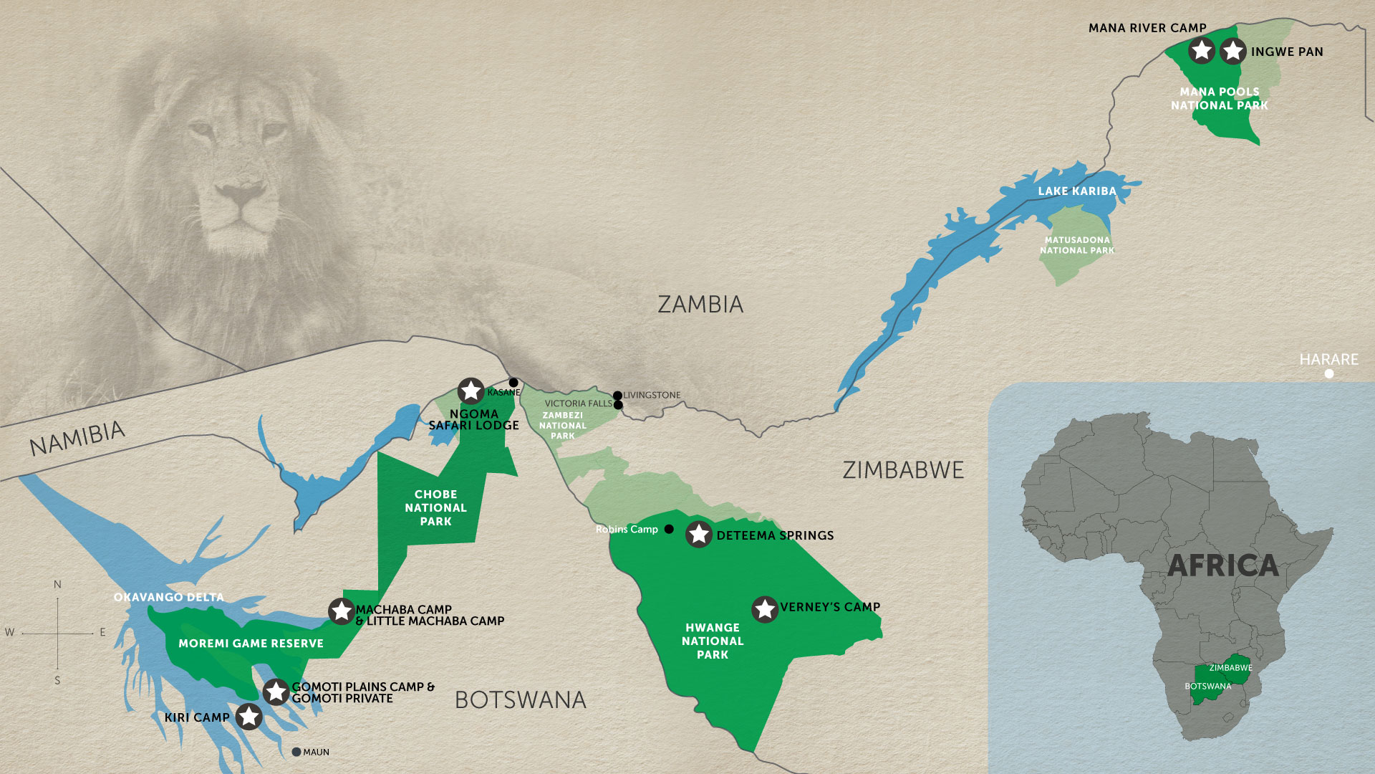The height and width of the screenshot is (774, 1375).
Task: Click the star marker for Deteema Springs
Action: pos(699,535)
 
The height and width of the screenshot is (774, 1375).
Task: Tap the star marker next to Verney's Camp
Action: pos(765,609)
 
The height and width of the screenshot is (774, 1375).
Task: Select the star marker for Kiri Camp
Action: pos(249,717)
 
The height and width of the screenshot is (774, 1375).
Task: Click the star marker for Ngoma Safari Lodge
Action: pos(471,391)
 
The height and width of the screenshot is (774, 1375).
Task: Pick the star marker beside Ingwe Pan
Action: pos(1232,51)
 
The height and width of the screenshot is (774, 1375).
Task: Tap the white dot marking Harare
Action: pos(1329,374)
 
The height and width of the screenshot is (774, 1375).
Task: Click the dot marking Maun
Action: pos(296,752)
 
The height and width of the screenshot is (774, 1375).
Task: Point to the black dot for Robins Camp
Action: pos(669,529)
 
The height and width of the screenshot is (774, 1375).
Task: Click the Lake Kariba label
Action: pos(1077,191)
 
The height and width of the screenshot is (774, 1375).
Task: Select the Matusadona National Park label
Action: pos(1077,245)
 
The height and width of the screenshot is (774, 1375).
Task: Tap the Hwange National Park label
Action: pos(713,641)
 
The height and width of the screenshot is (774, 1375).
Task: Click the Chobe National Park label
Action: pos(435,507)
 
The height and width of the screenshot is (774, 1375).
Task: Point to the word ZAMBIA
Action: pos(700,305)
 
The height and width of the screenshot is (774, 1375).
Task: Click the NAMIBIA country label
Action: pos(77,438)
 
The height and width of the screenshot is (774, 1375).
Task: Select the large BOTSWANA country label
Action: pos(521,700)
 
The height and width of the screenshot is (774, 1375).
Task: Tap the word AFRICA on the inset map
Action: pos(1222,566)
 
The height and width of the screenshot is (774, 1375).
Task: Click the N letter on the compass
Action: pos(57,585)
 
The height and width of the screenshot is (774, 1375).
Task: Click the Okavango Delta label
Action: pos(169,597)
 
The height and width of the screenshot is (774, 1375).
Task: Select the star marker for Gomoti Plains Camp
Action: pos(276,692)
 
